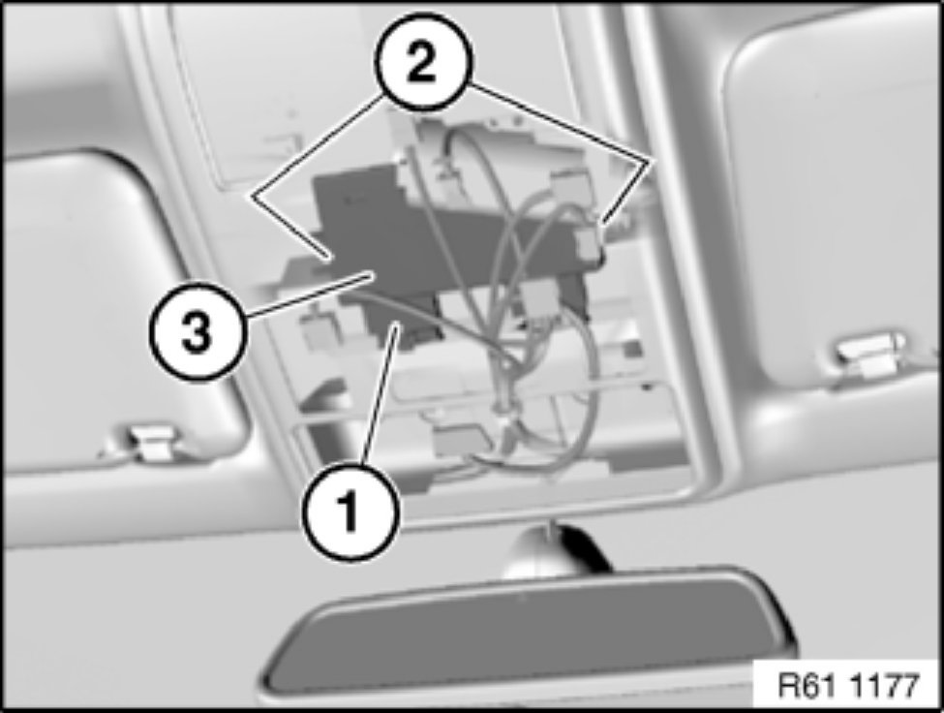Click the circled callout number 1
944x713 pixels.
351,512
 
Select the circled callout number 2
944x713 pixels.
421,62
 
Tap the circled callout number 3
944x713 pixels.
197,332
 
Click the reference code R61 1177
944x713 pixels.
848,685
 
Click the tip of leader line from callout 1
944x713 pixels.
396,325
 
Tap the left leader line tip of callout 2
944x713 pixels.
328,260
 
